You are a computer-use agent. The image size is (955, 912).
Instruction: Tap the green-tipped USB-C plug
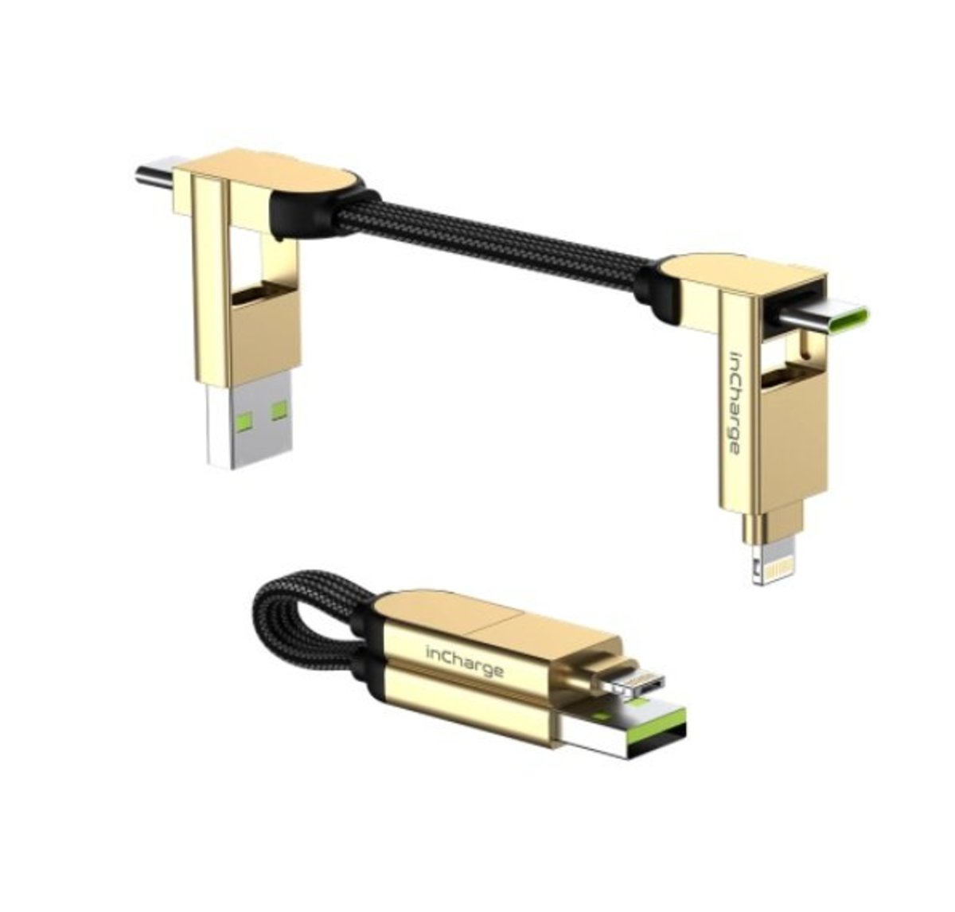tap(825, 318)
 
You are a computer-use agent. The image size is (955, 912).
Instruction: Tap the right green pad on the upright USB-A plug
tap(279, 411)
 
